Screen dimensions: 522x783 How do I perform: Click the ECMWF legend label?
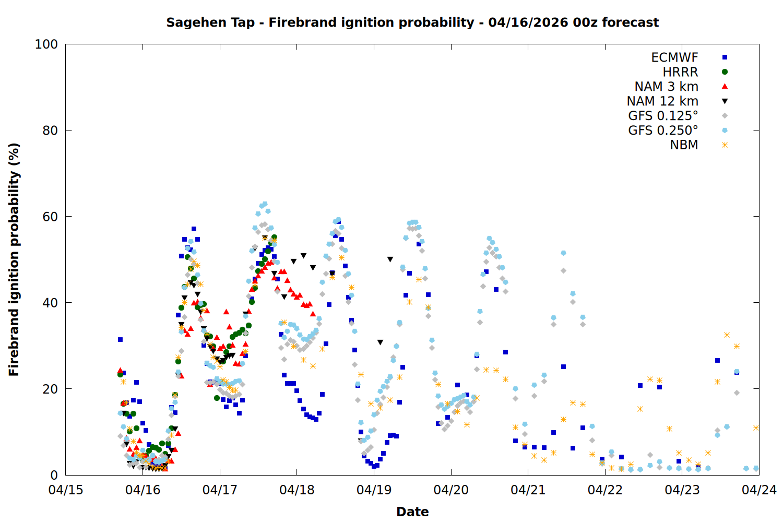tap(674, 57)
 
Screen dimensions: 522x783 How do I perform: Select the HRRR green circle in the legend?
tap(725, 72)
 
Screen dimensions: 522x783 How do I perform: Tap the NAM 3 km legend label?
tap(666, 87)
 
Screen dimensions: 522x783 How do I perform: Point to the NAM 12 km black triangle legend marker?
tap(725, 101)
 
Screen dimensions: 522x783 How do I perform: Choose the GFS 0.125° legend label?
tap(663, 116)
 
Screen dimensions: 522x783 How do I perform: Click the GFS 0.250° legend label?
tap(663, 130)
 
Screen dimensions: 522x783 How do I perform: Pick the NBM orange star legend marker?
tap(725, 145)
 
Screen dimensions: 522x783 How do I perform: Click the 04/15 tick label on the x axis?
tap(66, 490)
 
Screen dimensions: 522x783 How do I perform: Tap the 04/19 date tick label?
tap(374, 490)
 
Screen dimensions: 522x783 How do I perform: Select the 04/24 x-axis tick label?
tap(759, 490)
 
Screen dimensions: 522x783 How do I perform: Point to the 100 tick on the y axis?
tap(46, 44)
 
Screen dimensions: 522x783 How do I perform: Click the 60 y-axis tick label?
tap(50, 217)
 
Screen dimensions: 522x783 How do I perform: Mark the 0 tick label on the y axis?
tap(54, 475)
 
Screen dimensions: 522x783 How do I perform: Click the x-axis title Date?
tap(412, 512)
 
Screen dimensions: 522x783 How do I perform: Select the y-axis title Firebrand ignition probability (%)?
tap(14, 259)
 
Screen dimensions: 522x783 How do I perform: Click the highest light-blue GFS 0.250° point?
tap(265, 204)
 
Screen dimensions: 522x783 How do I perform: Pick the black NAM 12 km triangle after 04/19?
tap(390, 259)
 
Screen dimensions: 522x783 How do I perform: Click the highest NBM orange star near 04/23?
tap(727, 335)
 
